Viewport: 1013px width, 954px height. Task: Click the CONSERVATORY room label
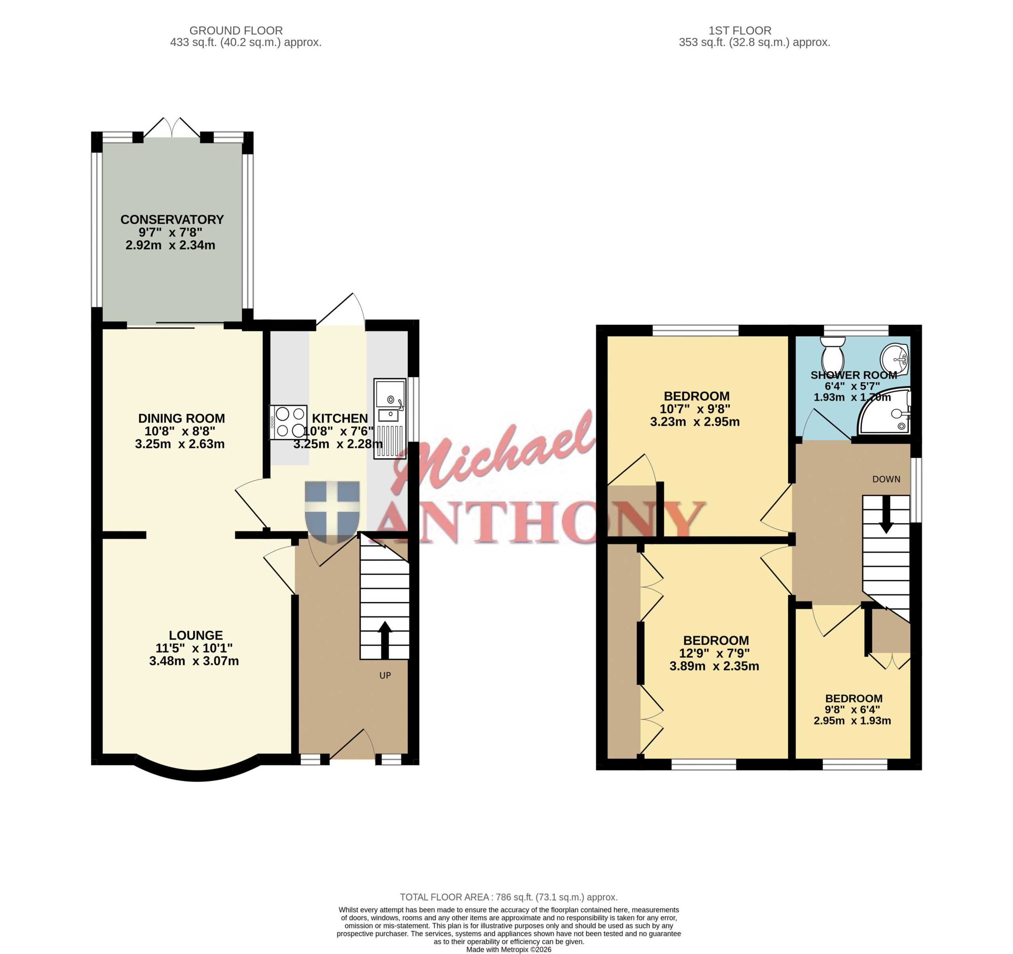172,220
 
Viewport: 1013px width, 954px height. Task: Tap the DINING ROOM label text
181,418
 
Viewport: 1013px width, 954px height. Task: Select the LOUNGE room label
195,635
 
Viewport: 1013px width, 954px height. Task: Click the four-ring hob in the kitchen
288,422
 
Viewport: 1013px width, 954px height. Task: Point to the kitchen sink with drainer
390,418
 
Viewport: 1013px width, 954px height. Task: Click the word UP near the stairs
385,676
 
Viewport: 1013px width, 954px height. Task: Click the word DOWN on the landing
886,479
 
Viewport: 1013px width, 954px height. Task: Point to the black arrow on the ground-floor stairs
385,640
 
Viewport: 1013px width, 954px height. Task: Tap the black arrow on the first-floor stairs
886,515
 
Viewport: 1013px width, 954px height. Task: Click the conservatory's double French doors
172,127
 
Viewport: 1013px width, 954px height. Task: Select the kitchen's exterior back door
340,310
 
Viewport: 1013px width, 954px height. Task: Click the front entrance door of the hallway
352,745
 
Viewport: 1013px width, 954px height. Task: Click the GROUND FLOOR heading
236,30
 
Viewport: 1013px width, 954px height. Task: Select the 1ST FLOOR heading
740,30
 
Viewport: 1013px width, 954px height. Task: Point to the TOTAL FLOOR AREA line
508,897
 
